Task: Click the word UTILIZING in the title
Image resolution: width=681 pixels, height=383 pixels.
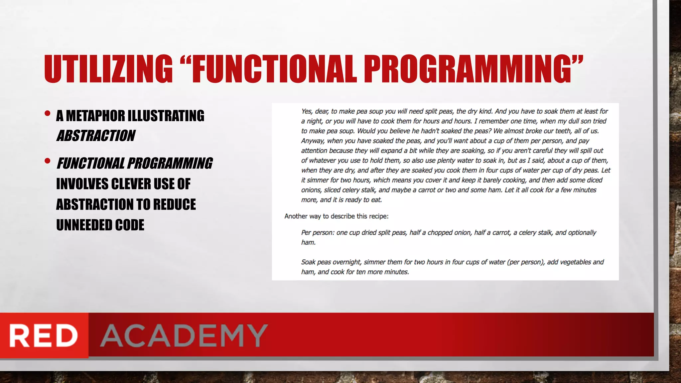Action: (108, 69)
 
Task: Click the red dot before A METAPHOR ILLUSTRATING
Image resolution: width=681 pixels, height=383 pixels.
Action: (48, 114)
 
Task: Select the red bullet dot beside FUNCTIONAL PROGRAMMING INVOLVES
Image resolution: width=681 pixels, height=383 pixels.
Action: (48, 161)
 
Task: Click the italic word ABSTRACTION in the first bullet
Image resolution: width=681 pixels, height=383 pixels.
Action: (96, 136)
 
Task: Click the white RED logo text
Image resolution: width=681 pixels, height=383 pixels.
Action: (44, 335)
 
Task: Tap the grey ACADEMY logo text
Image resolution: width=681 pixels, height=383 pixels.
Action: (184, 335)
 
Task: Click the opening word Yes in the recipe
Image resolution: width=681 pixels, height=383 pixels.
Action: (307, 111)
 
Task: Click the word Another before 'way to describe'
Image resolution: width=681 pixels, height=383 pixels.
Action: (296, 216)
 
